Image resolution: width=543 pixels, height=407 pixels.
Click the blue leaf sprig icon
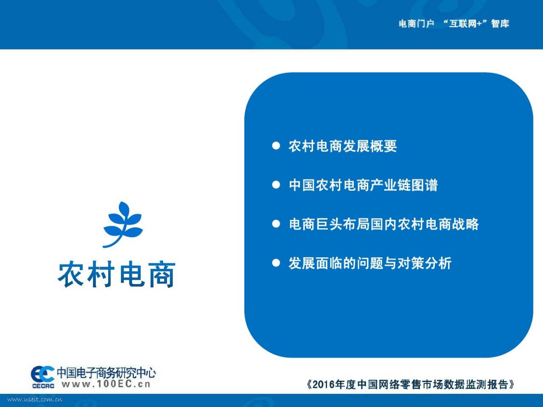tap(123, 224)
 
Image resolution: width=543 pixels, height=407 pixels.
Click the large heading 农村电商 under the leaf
tap(117, 274)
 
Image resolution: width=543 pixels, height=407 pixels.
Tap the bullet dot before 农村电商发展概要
tap(276, 146)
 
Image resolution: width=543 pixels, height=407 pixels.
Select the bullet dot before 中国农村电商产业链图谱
tap(276, 185)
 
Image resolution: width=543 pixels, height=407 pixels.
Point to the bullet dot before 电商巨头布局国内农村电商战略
tap(276, 224)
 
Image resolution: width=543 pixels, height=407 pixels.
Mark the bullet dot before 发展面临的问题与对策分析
tap(276, 263)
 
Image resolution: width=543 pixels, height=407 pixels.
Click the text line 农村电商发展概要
tap(343, 146)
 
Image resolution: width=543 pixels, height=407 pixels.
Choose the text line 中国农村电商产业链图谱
tap(363, 185)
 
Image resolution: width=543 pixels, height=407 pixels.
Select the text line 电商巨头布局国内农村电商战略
tap(383, 224)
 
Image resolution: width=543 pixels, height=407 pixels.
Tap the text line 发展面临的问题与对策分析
tap(370, 263)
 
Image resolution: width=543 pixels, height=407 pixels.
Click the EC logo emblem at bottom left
tap(42, 374)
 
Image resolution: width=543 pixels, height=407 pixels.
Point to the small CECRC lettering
tap(43, 386)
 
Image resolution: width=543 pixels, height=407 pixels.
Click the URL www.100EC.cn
tap(106, 384)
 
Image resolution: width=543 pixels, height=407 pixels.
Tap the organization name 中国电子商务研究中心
tap(106, 373)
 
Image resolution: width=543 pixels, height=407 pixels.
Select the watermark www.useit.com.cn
tap(35, 399)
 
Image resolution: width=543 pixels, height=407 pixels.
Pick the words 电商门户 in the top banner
tap(416, 24)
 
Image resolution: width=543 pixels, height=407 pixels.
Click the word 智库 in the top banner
tap(500, 24)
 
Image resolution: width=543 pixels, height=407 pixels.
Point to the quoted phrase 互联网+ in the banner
tap(465, 24)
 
